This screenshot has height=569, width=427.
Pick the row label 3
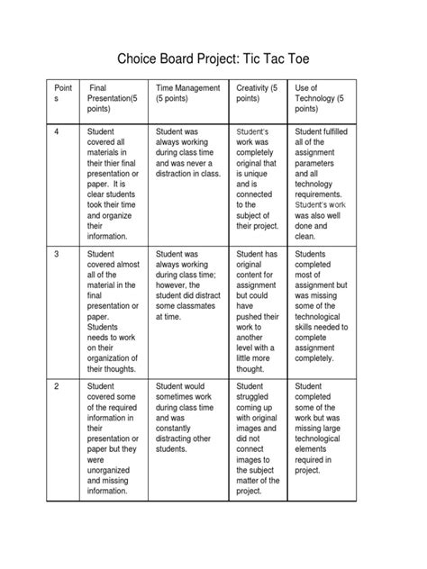coord(57,256)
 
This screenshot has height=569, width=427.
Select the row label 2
coord(57,387)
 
